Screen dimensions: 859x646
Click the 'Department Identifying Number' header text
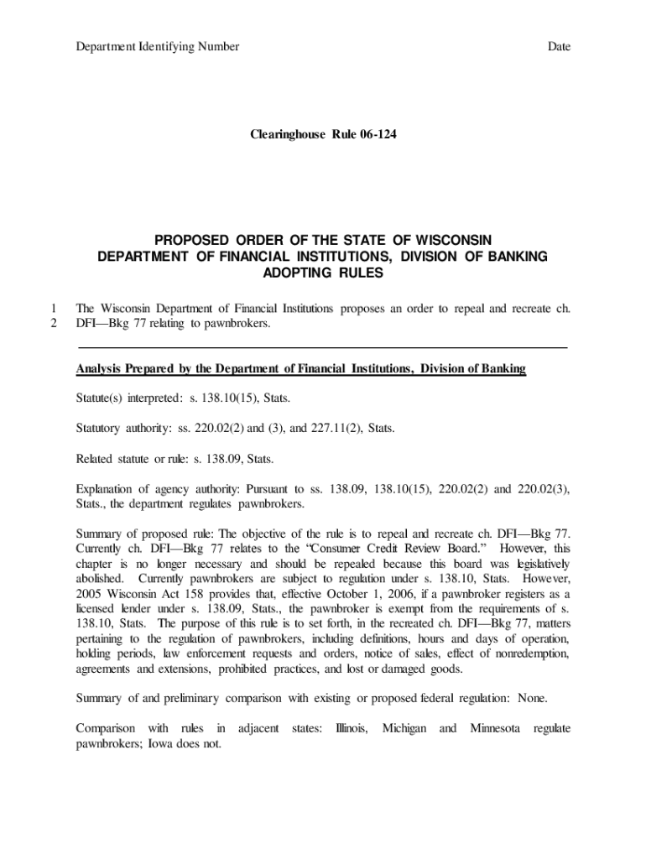[157, 46]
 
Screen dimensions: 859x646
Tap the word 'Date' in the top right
[559, 46]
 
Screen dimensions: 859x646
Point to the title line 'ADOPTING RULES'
[323, 273]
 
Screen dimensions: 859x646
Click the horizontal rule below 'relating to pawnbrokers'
[323, 346]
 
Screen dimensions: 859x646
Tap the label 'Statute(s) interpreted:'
[128, 397]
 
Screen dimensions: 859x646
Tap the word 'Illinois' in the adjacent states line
[351, 728]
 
